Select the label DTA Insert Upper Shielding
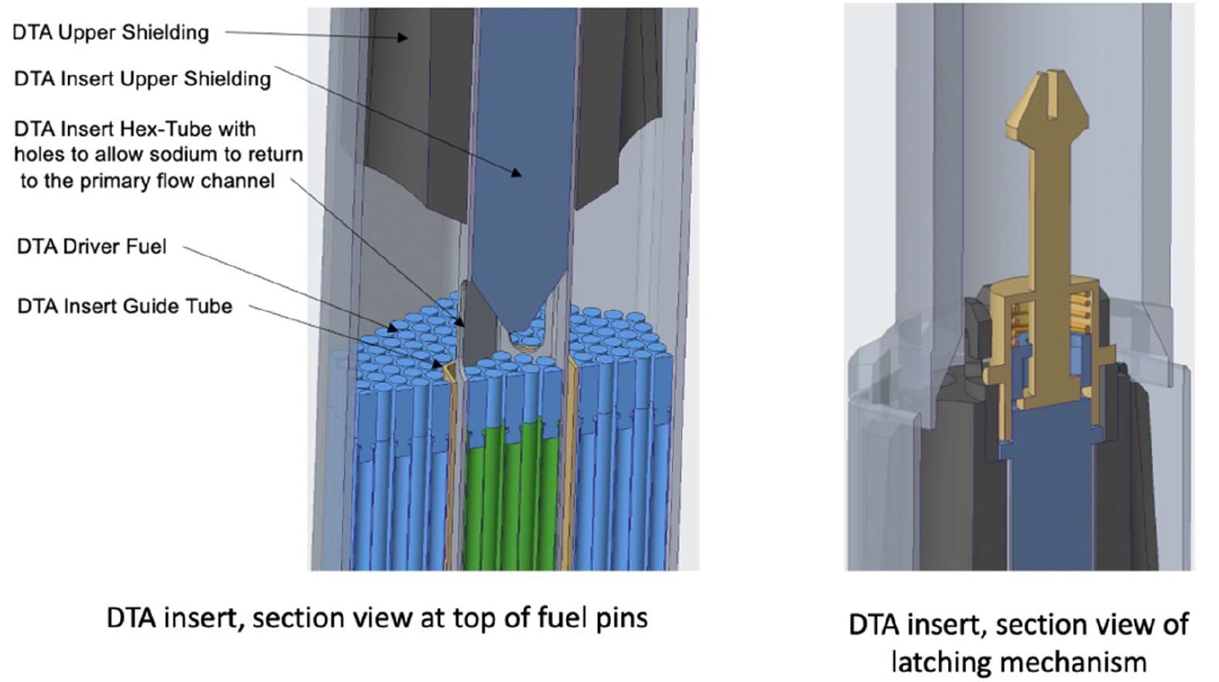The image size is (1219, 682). click(x=143, y=79)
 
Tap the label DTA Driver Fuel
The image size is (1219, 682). click(x=91, y=247)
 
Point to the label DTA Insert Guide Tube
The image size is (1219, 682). click(x=124, y=306)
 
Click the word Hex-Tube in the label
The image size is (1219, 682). click(x=185, y=130)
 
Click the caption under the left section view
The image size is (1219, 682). click(x=376, y=617)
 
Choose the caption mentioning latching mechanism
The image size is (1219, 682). click(x=1019, y=642)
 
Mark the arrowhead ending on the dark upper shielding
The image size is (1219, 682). click(x=407, y=37)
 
